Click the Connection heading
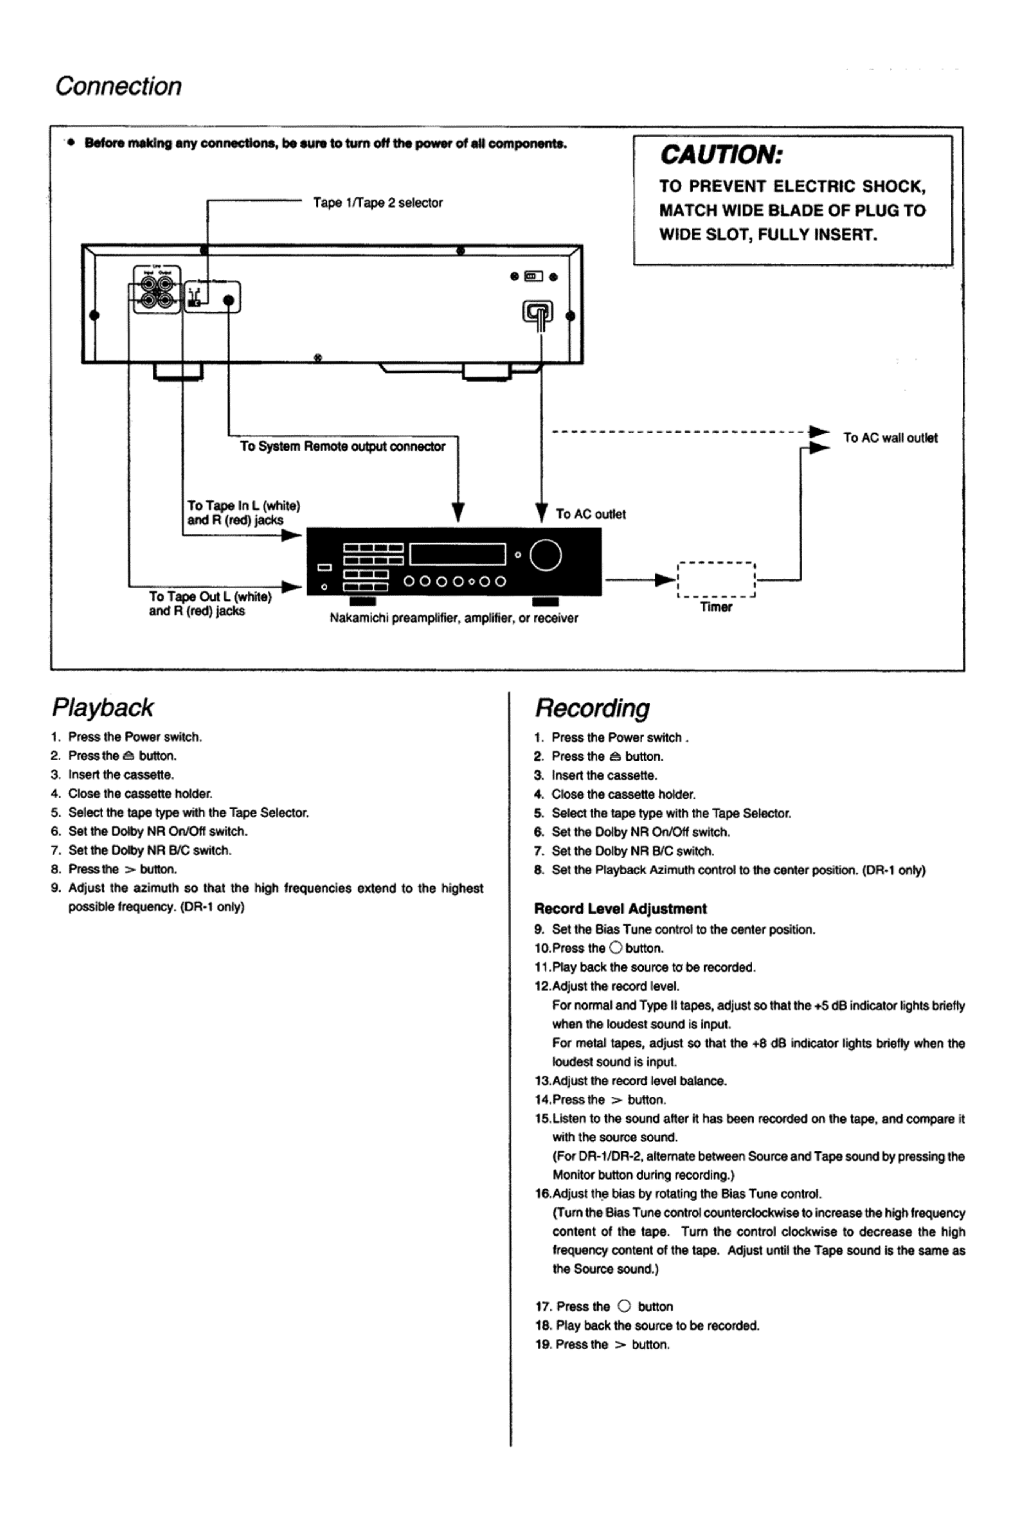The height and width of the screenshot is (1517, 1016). click(x=118, y=86)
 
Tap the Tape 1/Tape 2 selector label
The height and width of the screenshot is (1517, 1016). click(x=378, y=203)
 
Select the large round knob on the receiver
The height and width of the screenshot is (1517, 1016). click(x=546, y=555)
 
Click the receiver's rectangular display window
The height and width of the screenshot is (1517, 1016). click(x=457, y=554)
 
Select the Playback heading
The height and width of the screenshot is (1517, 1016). click(x=102, y=708)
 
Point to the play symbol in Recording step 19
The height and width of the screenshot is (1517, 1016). click(x=620, y=1344)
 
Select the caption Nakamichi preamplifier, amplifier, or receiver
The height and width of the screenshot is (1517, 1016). click(x=454, y=618)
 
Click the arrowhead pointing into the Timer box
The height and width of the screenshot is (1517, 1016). click(x=665, y=579)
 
